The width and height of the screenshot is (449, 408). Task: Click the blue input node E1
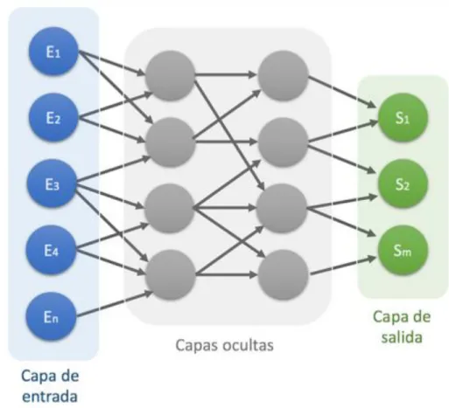[53, 52]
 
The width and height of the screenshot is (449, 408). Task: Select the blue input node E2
[53, 117]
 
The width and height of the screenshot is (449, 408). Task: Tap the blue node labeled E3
[53, 183]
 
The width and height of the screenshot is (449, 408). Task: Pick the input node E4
[52, 250]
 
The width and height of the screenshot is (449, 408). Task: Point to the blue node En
[52, 316]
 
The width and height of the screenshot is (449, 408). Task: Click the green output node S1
[403, 117]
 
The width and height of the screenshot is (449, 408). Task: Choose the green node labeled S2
[403, 183]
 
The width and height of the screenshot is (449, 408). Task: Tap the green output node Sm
[403, 250]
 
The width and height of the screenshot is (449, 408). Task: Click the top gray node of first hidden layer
[171, 75]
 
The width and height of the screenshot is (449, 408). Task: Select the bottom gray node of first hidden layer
[171, 274]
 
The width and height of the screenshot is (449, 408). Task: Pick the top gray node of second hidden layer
[283, 75]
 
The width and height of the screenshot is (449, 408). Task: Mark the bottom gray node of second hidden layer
[283, 274]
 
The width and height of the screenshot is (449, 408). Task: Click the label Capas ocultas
[225, 345]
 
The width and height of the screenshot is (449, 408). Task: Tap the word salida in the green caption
[402, 337]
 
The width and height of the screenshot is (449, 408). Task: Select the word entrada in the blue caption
[50, 397]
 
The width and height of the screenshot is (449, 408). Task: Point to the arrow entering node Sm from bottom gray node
[343, 266]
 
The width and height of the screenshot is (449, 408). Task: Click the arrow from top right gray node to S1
[342, 92]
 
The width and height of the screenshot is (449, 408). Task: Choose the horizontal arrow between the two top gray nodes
[226, 75]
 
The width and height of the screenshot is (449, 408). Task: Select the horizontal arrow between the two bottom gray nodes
[227, 274]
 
